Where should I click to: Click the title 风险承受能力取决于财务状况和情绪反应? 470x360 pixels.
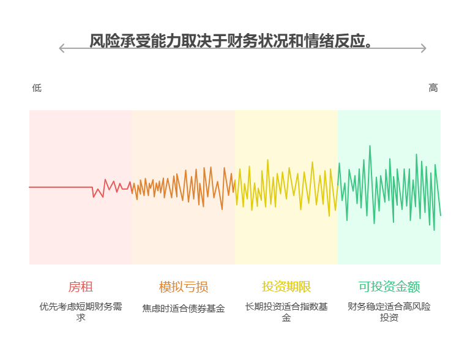[x=230, y=40]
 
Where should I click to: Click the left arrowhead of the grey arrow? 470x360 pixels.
[x=61, y=48]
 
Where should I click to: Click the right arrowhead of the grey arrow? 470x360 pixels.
[x=423, y=48]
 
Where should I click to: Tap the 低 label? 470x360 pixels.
[x=37, y=88]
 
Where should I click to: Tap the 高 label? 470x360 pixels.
[x=433, y=88]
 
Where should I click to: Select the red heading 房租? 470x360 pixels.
[x=81, y=287]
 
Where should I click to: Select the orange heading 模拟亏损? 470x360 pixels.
[x=184, y=287]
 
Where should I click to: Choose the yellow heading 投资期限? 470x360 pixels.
[x=286, y=287]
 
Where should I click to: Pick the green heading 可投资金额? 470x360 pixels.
[x=389, y=287]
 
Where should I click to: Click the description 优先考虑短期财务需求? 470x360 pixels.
[x=81, y=307]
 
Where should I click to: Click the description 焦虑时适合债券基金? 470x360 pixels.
[x=184, y=309]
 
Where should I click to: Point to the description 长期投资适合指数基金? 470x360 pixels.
[x=286, y=307]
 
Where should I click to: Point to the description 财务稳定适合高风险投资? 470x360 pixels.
[x=389, y=307]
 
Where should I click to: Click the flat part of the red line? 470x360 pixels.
[x=61, y=187]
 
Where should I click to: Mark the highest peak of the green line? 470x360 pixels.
[x=370, y=146]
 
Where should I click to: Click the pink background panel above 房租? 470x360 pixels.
[x=81, y=141]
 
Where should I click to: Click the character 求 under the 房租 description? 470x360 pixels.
[x=81, y=318]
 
